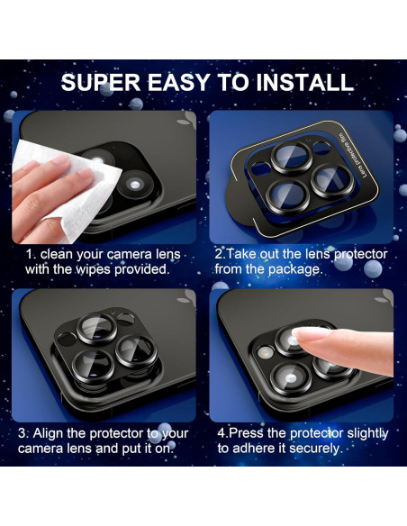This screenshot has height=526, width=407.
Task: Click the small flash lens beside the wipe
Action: pos(134,184)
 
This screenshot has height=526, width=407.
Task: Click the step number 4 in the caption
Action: pos(222,433)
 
